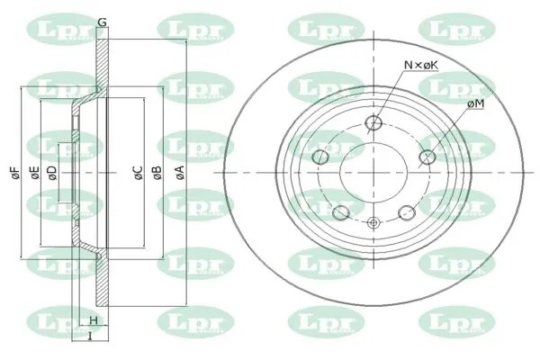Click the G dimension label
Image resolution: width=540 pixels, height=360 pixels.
click(x=102, y=22)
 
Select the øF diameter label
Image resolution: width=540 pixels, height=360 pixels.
click(x=15, y=173)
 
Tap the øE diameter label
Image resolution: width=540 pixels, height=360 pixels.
click(x=34, y=173)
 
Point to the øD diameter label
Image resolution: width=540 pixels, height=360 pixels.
click(x=52, y=173)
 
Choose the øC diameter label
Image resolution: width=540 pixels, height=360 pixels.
click(x=138, y=173)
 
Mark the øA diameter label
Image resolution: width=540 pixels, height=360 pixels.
click(x=179, y=173)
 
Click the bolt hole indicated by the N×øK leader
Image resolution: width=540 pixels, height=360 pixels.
click(x=374, y=124)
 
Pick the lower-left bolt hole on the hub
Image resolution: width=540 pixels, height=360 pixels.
click(x=341, y=212)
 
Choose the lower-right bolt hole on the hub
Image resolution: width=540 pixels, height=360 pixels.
click(x=407, y=212)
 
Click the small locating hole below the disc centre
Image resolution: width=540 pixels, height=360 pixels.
click(x=373, y=222)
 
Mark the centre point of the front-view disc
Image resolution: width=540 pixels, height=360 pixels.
click(x=373, y=174)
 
